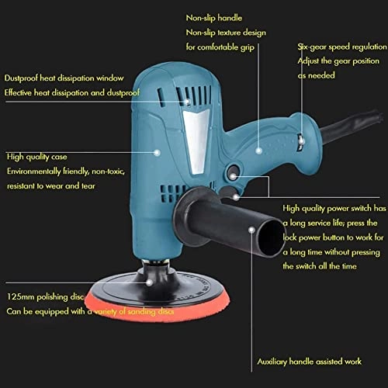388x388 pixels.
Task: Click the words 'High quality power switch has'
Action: tap(334, 209)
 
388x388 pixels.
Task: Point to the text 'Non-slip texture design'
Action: tap(225, 33)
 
